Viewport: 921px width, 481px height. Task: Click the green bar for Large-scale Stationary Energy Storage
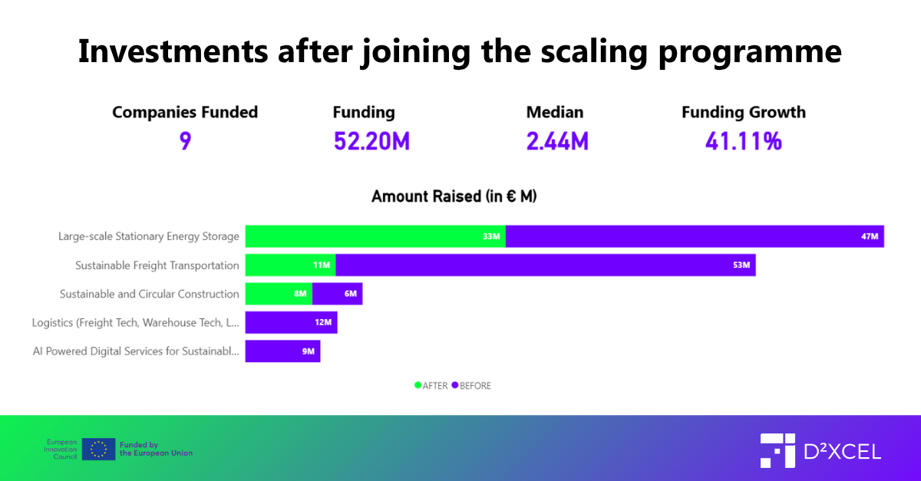click(375, 236)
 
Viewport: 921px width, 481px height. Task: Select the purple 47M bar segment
click(695, 236)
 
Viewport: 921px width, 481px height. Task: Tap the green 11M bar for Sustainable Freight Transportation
click(290, 265)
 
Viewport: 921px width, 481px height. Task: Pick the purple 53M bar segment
click(545, 265)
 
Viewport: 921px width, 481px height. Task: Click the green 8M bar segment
click(279, 294)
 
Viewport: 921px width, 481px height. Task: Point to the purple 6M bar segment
click(337, 294)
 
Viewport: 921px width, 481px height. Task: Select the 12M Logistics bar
click(291, 322)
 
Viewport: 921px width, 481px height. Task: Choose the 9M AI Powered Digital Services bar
click(282, 351)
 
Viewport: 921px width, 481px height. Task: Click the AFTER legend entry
click(431, 386)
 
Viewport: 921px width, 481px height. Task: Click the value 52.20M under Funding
click(371, 141)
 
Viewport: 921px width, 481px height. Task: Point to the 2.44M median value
click(557, 141)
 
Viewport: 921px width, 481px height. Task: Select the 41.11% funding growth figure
click(743, 141)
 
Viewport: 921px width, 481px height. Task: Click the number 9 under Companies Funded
click(185, 141)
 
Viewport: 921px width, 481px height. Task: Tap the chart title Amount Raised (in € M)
click(454, 196)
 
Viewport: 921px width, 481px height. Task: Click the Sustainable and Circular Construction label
click(150, 294)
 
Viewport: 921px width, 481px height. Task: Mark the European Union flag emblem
click(98, 449)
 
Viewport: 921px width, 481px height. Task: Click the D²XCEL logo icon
click(777, 450)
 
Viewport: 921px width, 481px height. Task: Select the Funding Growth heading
click(743, 112)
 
